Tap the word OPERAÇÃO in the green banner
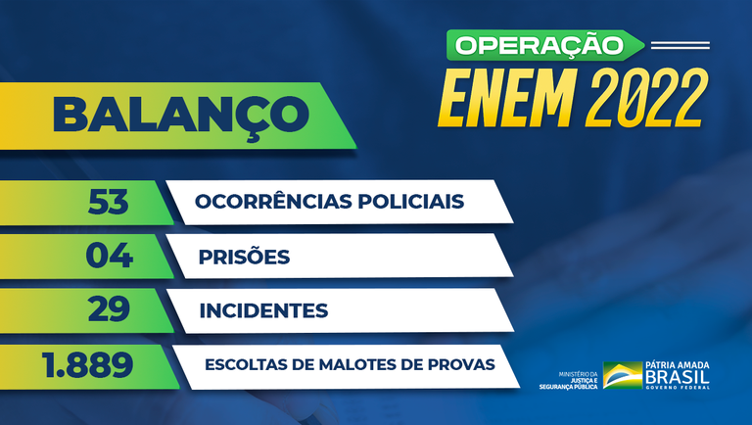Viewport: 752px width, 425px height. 540,44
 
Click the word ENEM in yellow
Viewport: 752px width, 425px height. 507,96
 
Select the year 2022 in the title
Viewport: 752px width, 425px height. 647,96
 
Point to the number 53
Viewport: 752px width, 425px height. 109,202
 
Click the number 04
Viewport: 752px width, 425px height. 109,257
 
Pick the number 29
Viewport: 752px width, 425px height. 109,310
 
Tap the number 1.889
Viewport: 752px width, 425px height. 87,365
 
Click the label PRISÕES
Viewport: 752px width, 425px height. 244,258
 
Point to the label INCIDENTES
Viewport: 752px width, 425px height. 263,311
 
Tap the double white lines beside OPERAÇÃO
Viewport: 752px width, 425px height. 679,44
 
